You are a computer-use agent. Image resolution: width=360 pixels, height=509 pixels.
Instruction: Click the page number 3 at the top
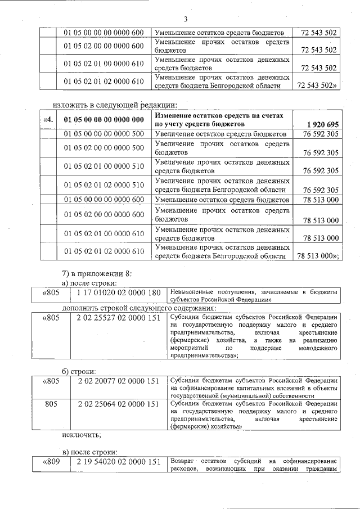coord(185,18)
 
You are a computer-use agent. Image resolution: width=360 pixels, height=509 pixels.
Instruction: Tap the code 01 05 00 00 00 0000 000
coord(104,119)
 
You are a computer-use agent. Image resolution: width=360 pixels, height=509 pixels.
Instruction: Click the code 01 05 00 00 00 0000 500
coord(104,134)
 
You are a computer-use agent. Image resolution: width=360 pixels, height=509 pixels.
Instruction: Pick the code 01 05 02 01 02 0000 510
coord(104,184)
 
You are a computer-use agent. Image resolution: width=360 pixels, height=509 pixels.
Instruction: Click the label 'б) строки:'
coord(79,371)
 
